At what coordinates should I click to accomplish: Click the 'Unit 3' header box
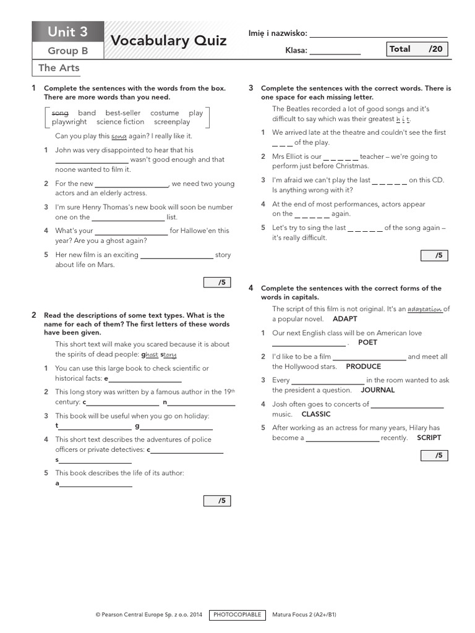[68, 32]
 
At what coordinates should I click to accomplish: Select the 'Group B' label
[68, 51]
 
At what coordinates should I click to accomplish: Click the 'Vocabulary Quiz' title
[168, 41]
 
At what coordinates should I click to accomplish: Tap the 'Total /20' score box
[416, 49]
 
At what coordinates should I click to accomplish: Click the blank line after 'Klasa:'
[335, 51]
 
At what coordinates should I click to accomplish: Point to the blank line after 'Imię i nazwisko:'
[378, 33]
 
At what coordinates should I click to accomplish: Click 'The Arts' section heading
[59, 68]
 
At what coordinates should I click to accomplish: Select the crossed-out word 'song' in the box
[60, 113]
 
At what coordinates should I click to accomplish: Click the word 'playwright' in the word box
[69, 122]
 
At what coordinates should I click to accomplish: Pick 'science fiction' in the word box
[120, 122]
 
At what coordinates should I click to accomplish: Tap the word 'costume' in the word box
[165, 113]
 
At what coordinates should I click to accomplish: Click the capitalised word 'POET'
[367, 342]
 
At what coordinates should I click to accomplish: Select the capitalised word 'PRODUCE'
[363, 367]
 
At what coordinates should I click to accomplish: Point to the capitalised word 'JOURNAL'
[377, 390]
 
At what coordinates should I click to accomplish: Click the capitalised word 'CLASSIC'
[316, 414]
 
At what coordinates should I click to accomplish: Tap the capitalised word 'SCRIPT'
[429, 438]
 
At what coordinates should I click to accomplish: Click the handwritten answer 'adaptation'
[425, 309]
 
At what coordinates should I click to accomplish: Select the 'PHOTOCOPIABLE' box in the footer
[237, 615]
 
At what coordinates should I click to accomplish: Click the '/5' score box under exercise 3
[434, 255]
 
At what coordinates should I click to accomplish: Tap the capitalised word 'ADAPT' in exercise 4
[345, 319]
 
